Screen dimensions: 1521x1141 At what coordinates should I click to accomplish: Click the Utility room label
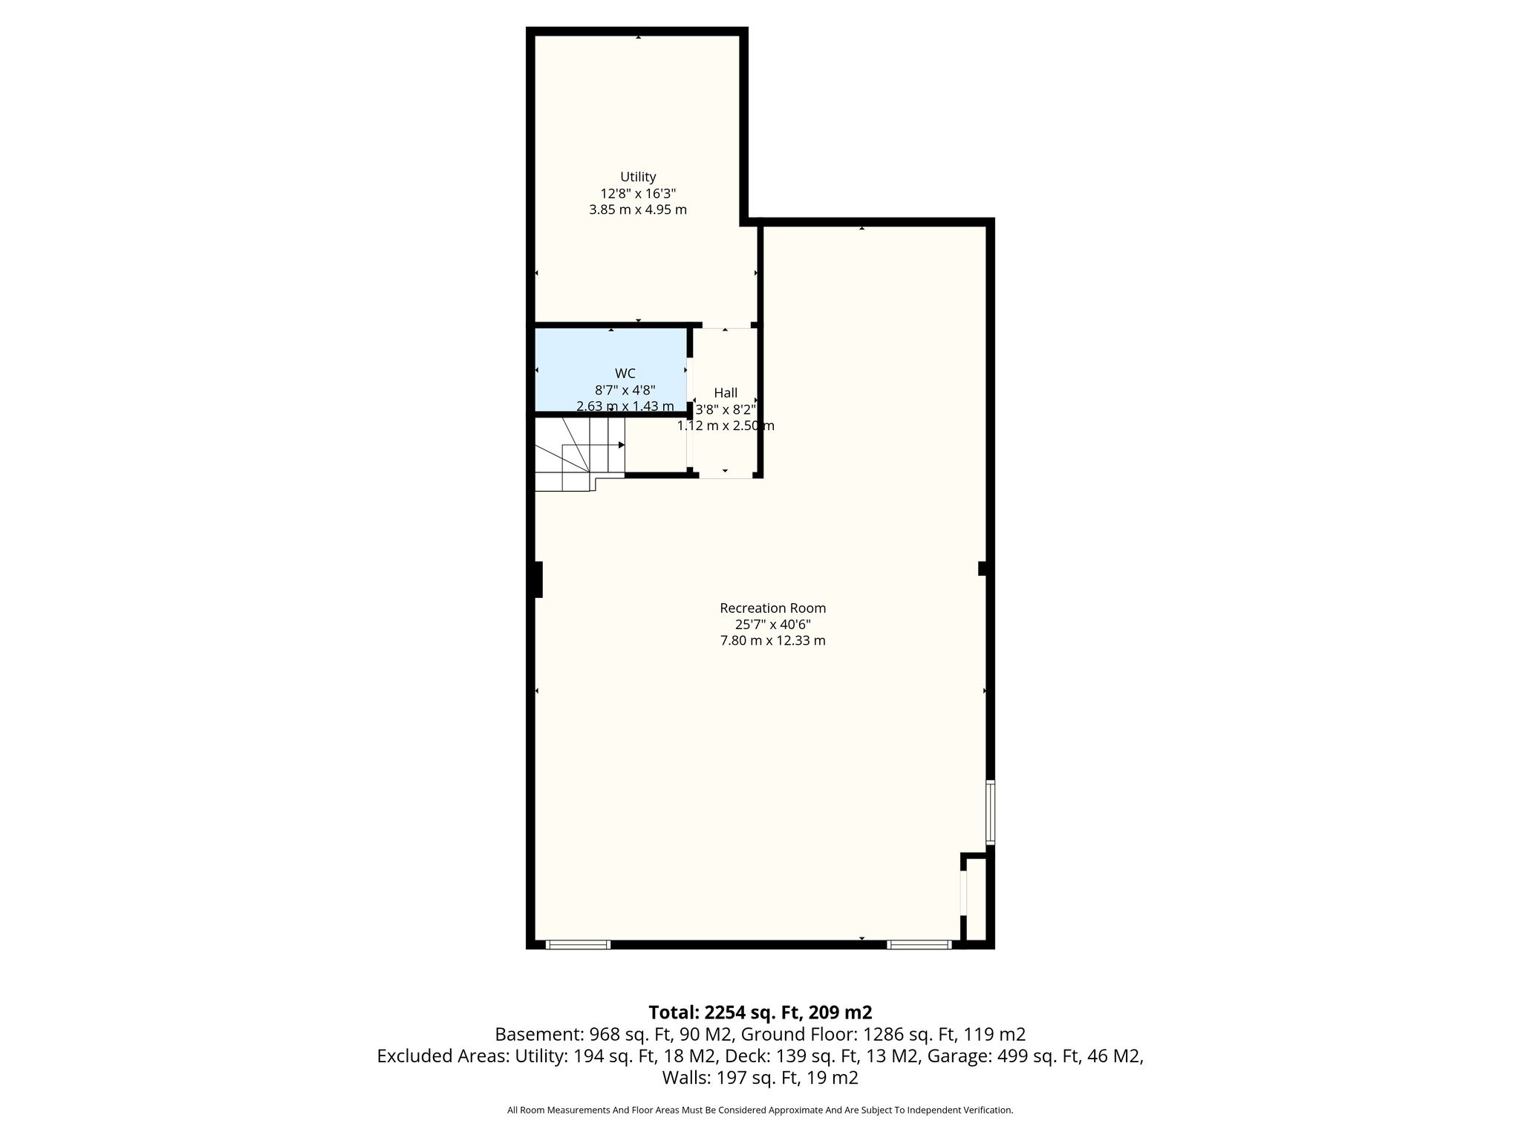[638, 177]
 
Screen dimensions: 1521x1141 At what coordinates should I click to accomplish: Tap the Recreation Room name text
[772, 608]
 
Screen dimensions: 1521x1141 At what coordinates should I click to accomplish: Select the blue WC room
[610, 369]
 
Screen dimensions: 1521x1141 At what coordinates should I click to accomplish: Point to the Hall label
[726, 392]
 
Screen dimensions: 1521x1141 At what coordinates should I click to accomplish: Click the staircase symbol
[580, 454]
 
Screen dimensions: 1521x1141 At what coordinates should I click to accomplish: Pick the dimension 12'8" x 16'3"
[638, 193]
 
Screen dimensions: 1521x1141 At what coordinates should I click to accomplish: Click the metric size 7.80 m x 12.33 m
[772, 640]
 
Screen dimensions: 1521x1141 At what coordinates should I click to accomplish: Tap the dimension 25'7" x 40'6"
[772, 624]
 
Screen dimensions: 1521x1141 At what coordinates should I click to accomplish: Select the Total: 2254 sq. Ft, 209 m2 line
[760, 1012]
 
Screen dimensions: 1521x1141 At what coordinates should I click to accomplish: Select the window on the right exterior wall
[990, 811]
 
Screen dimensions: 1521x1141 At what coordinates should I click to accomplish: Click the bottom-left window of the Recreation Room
[578, 945]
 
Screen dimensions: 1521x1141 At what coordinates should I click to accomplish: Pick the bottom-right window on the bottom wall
[919, 945]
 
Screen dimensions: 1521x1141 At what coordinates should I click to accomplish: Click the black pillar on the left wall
[538, 579]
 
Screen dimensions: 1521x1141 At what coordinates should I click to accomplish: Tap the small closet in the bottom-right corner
[976, 900]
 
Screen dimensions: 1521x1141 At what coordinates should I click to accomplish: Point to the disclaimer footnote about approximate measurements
[760, 1110]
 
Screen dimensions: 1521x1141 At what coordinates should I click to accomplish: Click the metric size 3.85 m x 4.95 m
[638, 209]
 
